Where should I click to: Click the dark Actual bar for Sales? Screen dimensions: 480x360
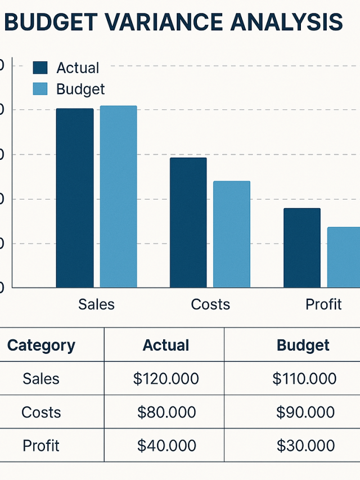click(75, 198)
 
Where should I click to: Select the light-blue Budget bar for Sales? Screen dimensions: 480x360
click(118, 196)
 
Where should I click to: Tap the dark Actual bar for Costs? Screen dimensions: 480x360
click(188, 222)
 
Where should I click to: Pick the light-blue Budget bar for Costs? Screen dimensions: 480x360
click(232, 234)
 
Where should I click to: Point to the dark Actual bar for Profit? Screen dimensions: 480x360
click(302, 248)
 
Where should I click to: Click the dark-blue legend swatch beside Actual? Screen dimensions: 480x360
click(41, 68)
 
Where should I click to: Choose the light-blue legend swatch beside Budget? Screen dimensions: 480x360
click(41, 89)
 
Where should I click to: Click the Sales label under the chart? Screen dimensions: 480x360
click(96, 304)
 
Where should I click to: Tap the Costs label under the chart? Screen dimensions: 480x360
click(210, 304)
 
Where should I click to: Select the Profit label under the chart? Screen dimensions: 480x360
click(323, 304)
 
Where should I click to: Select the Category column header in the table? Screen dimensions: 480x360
click(41, 345)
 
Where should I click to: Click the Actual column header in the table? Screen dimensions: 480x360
click(166, 345)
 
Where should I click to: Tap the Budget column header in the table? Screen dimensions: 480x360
click(303, 345)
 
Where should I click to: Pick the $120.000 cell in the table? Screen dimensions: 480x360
click(166, 379)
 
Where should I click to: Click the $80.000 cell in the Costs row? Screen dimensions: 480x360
click(166, 412)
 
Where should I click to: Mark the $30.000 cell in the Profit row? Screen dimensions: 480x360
click(305, 446)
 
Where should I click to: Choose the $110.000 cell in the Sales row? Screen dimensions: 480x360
click(304, 379)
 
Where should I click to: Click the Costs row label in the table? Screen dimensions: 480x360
click(41, 412)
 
